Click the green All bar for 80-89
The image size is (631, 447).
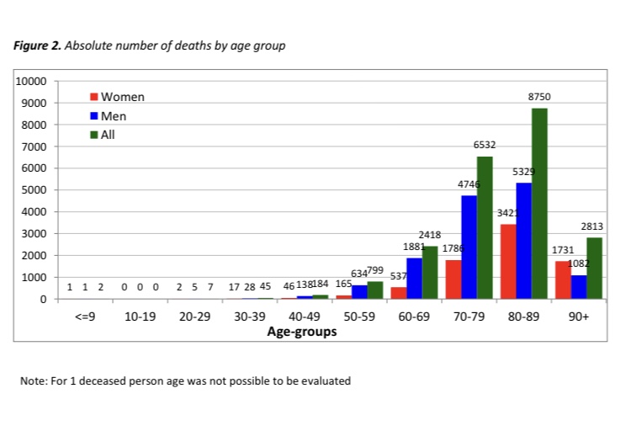[538, 204]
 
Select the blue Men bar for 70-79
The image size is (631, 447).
[469, 247]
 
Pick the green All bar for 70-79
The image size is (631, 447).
[485, 228]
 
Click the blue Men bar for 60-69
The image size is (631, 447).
[414, 279]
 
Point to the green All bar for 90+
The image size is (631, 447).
[594, 269]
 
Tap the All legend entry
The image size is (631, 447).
[108, 135]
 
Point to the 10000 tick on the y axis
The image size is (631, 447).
[34, 82]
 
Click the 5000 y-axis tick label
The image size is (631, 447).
[38, 190]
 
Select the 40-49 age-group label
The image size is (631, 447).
[303, 318]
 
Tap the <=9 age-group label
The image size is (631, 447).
[84, 318]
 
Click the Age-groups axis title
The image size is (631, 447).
[302, 332]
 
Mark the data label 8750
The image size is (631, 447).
[538, 98]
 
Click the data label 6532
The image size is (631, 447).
[485, 146]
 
